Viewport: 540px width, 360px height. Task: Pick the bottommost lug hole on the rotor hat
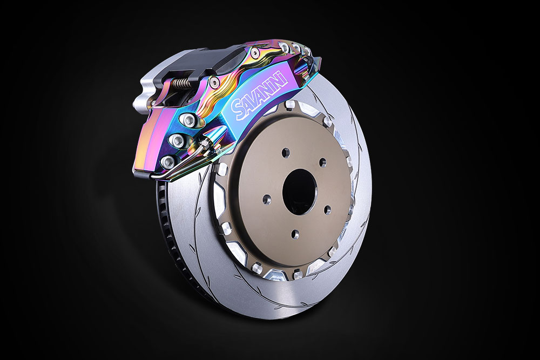coord(295,234)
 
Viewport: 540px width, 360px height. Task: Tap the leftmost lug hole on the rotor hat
coord(267,199)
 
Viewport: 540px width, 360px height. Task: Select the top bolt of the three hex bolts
coord(188,119)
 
